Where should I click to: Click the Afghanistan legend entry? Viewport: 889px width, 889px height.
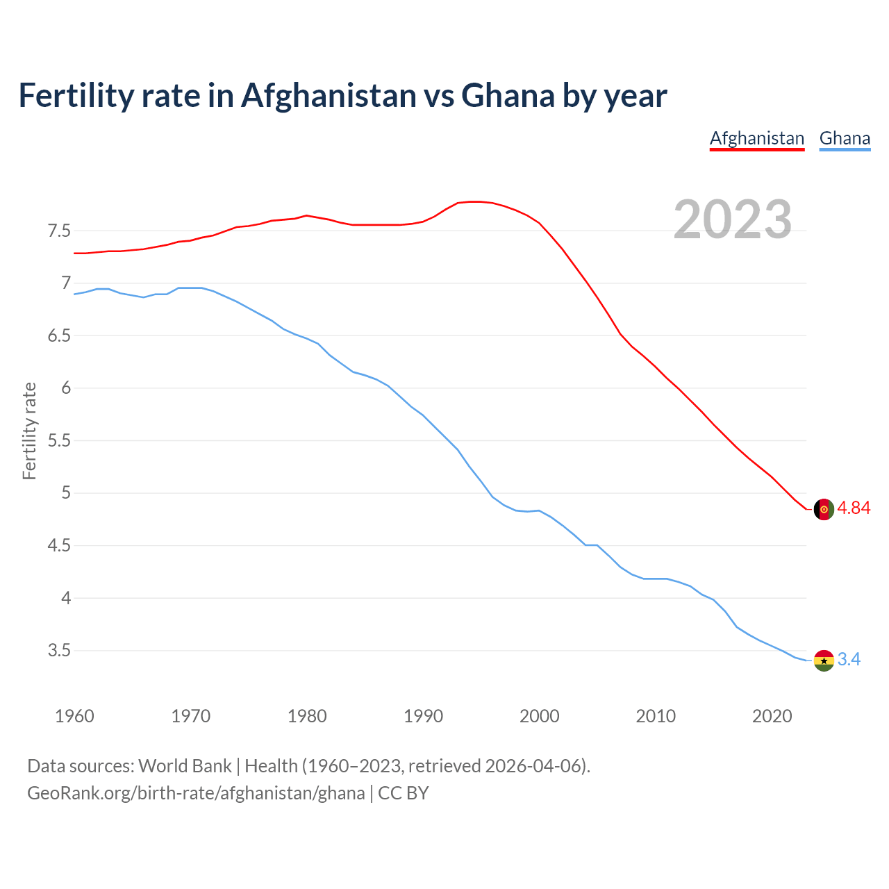point(756,138)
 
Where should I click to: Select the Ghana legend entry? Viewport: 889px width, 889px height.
point(845,138)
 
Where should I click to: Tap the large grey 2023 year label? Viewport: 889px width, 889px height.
point(733,219)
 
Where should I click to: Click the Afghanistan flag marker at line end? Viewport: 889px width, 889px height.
point(823,509)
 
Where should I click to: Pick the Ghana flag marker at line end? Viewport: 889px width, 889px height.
point(823,660)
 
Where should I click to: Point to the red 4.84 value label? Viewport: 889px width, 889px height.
point(854,508)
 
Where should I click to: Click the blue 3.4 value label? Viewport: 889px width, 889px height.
point(849,660)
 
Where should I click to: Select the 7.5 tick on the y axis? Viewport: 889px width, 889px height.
point(59,231)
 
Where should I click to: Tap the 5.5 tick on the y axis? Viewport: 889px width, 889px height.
point(59,441)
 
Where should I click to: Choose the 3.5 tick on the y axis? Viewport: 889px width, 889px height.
point(59,651)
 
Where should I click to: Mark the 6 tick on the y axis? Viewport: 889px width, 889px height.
point(66,388)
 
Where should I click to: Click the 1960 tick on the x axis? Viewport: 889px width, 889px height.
point(74,716)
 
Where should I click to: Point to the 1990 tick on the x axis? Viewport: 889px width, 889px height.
point(423,716)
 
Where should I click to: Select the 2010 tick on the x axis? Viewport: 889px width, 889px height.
point(656,716)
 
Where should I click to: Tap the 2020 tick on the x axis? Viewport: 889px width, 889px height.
point(772,716)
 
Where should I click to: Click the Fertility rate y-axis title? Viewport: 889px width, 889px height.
point(29,431)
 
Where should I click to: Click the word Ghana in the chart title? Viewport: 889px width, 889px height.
point(508,95)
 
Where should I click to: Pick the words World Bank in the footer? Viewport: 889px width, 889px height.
point(185,766)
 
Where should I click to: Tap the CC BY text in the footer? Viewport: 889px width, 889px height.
point(403,793)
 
